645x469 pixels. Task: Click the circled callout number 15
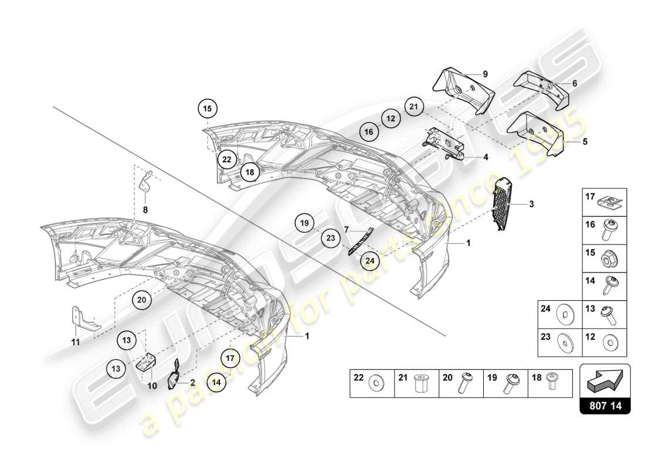(206, 108)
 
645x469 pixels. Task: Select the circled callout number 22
(227, 159)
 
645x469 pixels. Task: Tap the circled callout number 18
(250, 172)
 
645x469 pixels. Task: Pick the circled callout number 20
(141, 300)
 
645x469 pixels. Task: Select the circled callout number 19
(304, 223)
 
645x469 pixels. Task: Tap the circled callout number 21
(413, 107)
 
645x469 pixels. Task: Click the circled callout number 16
(368, 132)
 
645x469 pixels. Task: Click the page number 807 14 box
(605, 404)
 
